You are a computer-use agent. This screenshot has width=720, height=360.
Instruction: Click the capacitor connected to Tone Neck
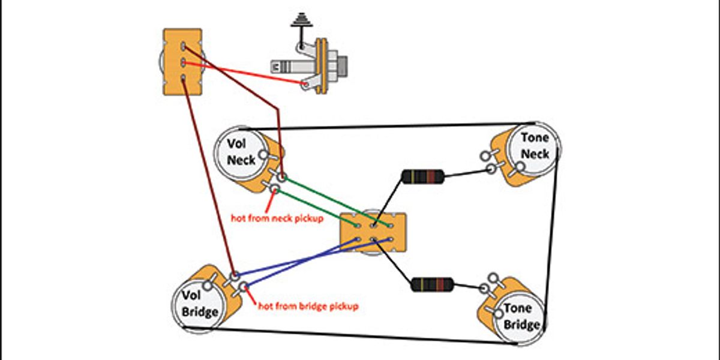point(423,176)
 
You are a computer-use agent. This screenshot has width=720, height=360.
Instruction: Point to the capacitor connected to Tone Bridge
point(433,284)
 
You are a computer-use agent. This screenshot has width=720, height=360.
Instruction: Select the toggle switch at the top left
point(182,62)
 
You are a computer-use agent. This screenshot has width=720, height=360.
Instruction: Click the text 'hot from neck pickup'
point(277,218)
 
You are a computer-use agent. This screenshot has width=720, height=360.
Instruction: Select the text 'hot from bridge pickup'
point(308,307)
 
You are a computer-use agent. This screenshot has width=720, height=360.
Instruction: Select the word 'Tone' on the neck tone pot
point(535,137)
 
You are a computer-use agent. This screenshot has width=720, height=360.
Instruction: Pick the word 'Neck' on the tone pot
point(535,154)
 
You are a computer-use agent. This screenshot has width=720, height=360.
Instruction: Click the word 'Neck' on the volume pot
point(241,160)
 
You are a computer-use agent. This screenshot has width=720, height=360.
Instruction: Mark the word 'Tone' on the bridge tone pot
point(517,308)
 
